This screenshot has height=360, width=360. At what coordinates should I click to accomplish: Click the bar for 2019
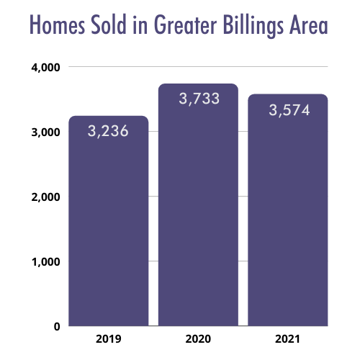(x=109, y=221)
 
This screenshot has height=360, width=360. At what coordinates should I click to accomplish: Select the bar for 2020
(x=198, y=204)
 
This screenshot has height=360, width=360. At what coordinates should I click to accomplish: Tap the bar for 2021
(x=288, y=210)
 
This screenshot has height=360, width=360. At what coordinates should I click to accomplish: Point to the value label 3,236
(x=108, y=131)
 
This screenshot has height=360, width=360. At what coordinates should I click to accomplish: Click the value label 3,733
(x=199, y=99)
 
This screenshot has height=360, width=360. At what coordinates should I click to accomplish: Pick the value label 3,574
(x=289, y=110)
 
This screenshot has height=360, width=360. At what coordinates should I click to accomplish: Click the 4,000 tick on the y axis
(x=45, y=68)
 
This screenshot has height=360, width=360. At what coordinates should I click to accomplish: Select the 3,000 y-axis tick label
(x=45, y=132)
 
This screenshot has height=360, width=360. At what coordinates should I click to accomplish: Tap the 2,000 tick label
(x=45, y=197)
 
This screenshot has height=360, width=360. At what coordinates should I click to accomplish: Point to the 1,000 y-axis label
(x=45, y=262)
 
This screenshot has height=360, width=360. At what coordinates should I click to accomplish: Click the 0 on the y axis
(x=57, y=327)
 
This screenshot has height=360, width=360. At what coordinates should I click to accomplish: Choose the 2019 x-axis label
(x=109, y=339)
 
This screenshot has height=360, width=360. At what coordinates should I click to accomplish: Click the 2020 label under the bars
(x=198, y=339)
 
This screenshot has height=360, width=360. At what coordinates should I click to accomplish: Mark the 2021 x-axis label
(x=288, y=339)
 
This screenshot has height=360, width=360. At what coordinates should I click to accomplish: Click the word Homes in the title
(x=58, y=24)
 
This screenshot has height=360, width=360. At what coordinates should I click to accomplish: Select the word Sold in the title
(x=109, y=24)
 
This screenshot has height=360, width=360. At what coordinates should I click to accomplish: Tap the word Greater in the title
(x=186, y=24)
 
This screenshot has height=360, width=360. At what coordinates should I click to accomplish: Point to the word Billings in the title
(x=253, y=26)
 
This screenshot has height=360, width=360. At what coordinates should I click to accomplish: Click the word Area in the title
(x=309, y=24)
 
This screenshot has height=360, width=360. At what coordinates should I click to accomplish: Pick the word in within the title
(x=140, y=24)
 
